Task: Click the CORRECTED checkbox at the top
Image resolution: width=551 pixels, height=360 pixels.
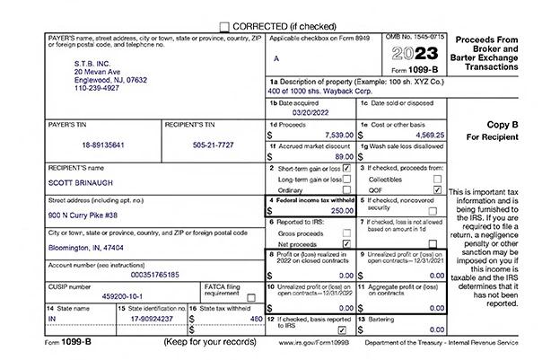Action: (x=224, y=27)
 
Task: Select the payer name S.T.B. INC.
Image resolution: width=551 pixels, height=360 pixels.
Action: (x=92, y=63)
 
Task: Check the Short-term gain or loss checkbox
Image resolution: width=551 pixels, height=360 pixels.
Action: (x=346, y=168)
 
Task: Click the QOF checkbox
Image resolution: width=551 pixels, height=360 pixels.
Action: (x=437, y=189)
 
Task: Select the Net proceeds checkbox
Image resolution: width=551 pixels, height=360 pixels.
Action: (x=346, y=243)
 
